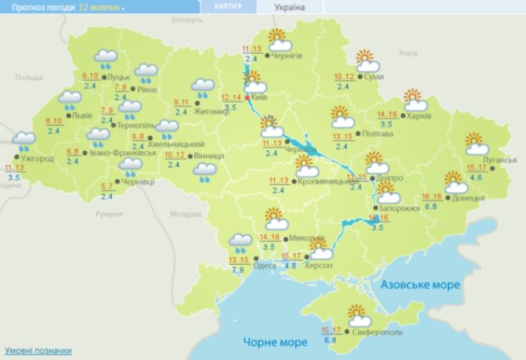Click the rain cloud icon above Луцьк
(x=106, y=59)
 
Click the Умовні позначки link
(x=38, y=351)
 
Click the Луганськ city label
(x=499, y=159)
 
